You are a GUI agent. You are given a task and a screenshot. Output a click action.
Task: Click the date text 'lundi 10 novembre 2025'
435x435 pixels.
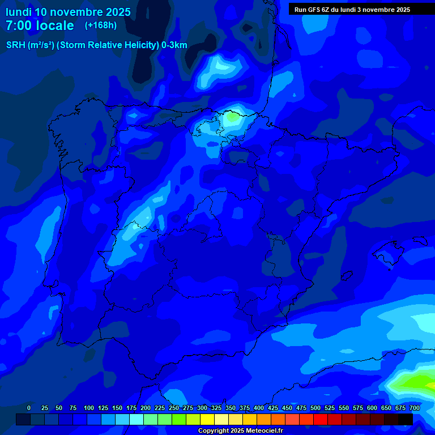click(x=68, y=12)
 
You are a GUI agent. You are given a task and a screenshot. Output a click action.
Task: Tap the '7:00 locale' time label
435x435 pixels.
click(x=40, y=25)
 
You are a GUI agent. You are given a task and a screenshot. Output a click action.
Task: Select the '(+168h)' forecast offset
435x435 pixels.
click(x=100, y=25)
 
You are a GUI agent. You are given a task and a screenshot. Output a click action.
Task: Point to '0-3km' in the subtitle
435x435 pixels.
click(x=174, y=45)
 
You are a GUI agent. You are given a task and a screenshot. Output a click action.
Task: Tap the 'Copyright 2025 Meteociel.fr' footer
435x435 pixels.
click(x=240, y=430)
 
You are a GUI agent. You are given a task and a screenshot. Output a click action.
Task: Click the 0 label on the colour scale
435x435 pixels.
click(x=29, y=408)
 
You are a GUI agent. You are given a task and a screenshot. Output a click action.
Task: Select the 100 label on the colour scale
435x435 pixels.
click(x=89, y=408)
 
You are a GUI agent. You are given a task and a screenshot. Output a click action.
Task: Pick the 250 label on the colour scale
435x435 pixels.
click(x=174, y=408)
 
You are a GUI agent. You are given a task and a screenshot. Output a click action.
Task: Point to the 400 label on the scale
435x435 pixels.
click(x=259, y=408)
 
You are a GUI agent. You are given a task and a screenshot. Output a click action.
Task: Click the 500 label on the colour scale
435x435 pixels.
click(x=315, y=408)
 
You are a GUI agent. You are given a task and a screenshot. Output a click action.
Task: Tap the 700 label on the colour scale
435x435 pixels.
click(x=415, y=408)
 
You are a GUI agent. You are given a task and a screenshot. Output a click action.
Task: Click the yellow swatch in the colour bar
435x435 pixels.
click(x=207, y=419)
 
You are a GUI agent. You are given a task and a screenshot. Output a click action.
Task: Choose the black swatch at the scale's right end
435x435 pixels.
click(x=406, y=419)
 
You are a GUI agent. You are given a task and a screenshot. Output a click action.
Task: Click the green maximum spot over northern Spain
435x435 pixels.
click(x=232, y=118)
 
